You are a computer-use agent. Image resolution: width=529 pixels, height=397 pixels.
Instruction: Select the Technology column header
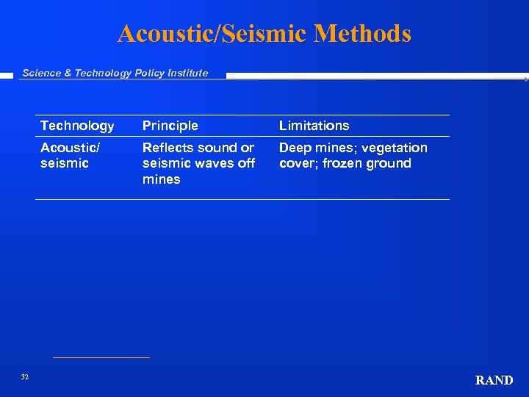tap(77, 126)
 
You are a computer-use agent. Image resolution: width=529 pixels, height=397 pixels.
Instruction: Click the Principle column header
tap(170, 126)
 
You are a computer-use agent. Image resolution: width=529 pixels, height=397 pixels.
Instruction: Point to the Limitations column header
tap(314, 126)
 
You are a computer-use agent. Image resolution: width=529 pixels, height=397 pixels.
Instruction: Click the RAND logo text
tap(494, 380)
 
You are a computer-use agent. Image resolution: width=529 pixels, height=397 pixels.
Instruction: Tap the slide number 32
tap(25, 376)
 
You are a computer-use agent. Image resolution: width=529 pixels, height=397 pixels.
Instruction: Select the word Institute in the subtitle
tap(187, 73)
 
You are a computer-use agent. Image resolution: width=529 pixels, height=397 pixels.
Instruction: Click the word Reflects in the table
tap(167, 148)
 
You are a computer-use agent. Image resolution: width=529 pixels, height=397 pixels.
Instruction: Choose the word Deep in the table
tap(295, 148)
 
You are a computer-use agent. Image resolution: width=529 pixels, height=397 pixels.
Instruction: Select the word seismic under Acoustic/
tap(64, 163)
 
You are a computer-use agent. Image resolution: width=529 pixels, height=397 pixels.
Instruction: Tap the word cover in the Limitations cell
tap(296, 163)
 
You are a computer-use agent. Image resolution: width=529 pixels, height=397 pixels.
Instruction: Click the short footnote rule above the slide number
tap(101, 358)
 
